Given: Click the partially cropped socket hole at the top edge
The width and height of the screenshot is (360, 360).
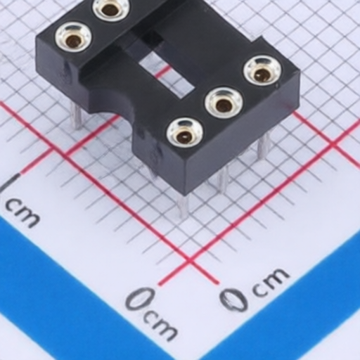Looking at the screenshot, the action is click(111, 9).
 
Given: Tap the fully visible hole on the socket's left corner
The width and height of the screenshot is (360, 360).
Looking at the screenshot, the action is click(73, 39).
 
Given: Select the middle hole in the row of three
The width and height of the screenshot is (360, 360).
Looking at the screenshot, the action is click(224, 104).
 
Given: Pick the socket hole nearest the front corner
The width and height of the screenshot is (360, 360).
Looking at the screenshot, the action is click(185, 135).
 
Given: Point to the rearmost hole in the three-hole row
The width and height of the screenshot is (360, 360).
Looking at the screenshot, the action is click(262, 72).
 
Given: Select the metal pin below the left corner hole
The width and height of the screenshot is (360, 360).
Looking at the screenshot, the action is click(77, 117).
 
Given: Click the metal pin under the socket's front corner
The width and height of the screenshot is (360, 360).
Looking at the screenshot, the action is click(184, 206).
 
